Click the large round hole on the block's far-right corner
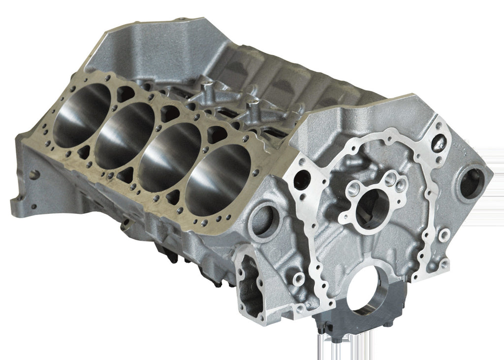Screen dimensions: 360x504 [x=472, y=184]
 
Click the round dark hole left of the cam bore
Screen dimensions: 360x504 [x=301, y=181]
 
